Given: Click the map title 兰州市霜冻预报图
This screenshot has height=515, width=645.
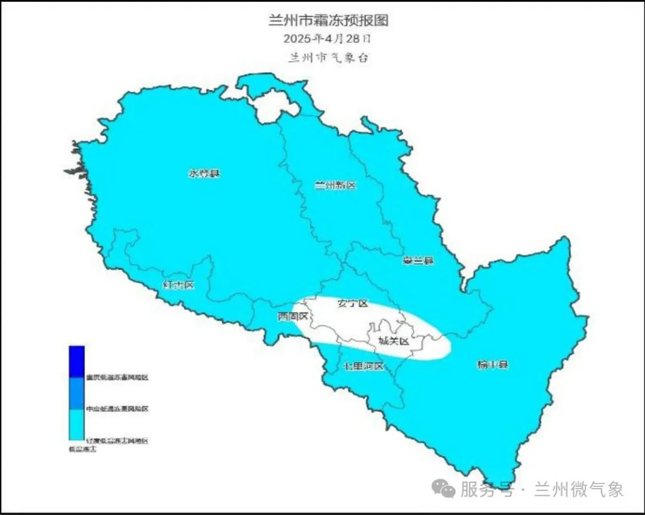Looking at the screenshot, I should click(328, 20).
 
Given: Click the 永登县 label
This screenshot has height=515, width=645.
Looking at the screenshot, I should click(204, 174).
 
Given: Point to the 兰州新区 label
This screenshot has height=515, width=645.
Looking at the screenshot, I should click(335, 186).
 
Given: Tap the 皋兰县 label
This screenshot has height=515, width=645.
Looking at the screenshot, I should click(418, 261).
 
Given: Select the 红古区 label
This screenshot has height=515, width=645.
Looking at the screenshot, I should click(179, 285).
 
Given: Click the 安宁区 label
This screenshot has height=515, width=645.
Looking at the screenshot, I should click(352, 303).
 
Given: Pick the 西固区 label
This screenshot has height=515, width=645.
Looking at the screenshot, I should click(293, 316).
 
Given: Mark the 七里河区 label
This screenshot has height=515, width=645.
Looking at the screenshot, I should click(363, 366).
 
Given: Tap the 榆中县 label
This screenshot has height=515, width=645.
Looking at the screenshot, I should click(493, 364).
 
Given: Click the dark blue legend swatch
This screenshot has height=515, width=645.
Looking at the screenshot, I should click(76, 362).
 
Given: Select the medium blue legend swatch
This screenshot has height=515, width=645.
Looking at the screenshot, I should click(76, 393).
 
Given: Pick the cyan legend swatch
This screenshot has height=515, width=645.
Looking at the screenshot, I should click(76, 424).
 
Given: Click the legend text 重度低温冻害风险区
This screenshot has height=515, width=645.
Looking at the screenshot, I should click(116, 377).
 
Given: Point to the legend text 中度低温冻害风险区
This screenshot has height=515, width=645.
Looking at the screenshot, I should click(116, 409).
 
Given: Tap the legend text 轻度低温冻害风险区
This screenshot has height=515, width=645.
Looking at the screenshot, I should click(116, 441).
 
